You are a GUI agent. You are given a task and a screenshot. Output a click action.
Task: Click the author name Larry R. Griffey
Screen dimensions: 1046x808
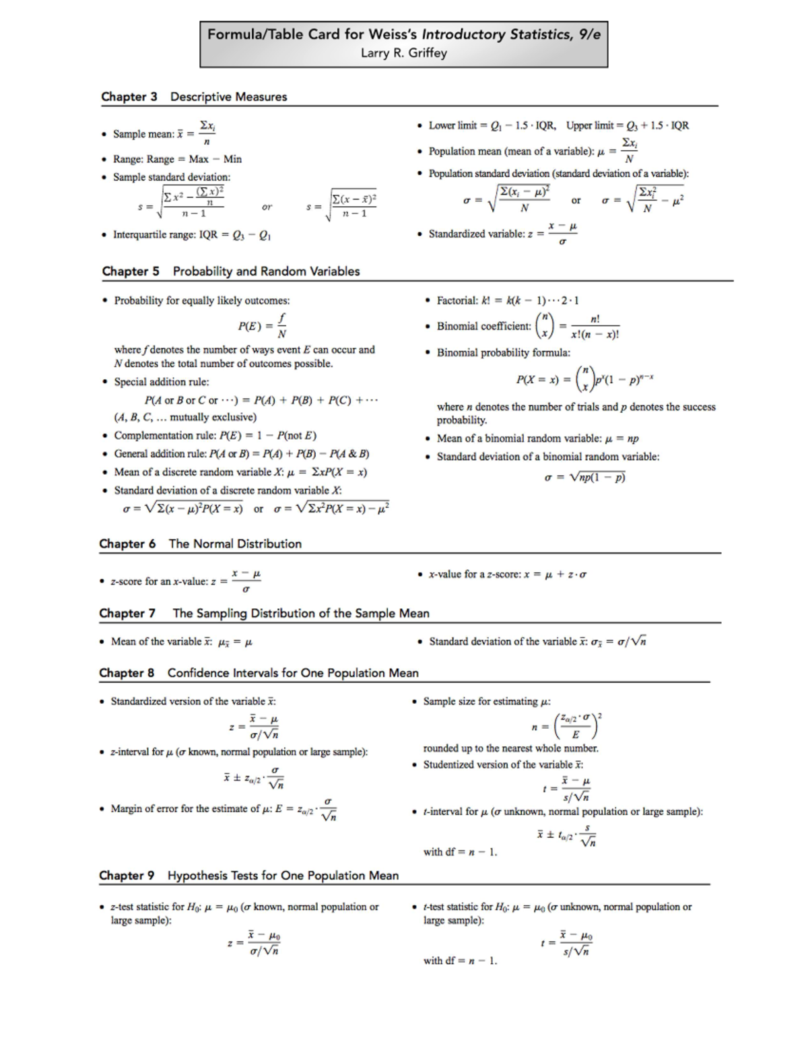pyautogui.click(x=403, y=53)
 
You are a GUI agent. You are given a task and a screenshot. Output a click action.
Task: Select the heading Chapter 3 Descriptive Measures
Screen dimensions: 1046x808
pyautogui.click(x=194, y=96)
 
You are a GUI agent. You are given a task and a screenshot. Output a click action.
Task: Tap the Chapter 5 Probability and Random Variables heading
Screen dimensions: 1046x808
pyautogui.click(x=230, y=271)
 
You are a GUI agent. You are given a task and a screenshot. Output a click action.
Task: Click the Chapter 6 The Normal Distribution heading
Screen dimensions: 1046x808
pyautogui.click(x=200, y=544)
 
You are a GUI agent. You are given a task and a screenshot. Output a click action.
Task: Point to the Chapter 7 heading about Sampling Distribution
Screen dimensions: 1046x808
pyautogui.click(x=264, y=613)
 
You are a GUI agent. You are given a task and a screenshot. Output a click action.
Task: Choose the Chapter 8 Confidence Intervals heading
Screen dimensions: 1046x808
pyautogui.click(x=259, y=673)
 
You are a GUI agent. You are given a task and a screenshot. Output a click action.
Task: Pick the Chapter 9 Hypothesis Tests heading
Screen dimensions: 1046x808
pyautogui.click(x=248, y=876)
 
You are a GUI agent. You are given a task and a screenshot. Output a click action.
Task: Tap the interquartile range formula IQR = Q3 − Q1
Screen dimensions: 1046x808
pyautogui.click(x=192, y=235)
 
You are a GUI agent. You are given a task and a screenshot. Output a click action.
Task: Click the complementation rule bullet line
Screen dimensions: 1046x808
pyautogui.click(x=215, y=435)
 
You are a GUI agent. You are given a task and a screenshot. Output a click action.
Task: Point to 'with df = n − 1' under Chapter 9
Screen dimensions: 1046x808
pyautogui.click(x=460, y=960)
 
